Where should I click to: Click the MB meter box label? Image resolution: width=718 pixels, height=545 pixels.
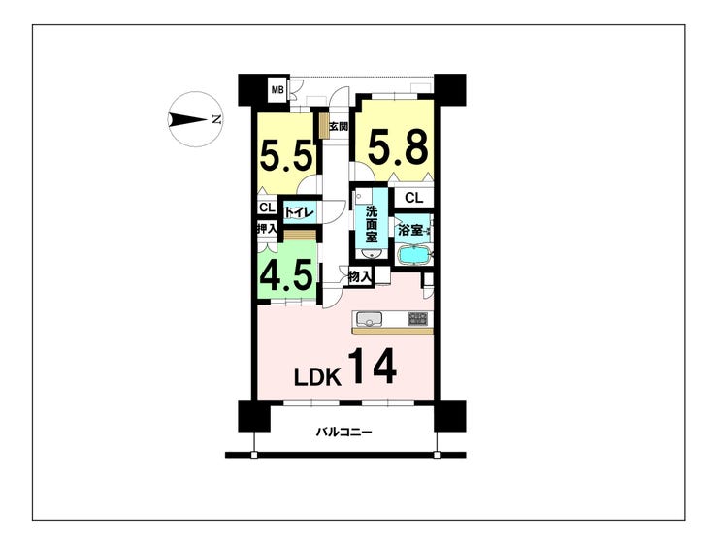coord(277,91)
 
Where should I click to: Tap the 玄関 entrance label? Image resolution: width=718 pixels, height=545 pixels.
coord(338,126)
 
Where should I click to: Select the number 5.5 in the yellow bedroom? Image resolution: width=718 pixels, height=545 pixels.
coord(285,155)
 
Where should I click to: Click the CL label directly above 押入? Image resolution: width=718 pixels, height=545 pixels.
coord(266,208)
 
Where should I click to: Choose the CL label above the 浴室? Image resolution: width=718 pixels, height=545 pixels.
coord(413,199)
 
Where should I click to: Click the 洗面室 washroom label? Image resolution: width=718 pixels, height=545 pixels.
coord(371,225)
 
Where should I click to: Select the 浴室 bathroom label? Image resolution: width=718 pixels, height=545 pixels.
coord(409,231)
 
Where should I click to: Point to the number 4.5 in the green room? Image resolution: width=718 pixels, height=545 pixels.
coord(285,275)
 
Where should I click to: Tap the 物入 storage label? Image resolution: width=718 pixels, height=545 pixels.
coord(360,277)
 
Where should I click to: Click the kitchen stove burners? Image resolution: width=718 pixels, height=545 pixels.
coord(417,318)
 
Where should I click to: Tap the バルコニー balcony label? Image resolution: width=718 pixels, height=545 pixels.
coord(344,433)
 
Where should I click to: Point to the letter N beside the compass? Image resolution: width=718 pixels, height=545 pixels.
coord(215,119)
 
